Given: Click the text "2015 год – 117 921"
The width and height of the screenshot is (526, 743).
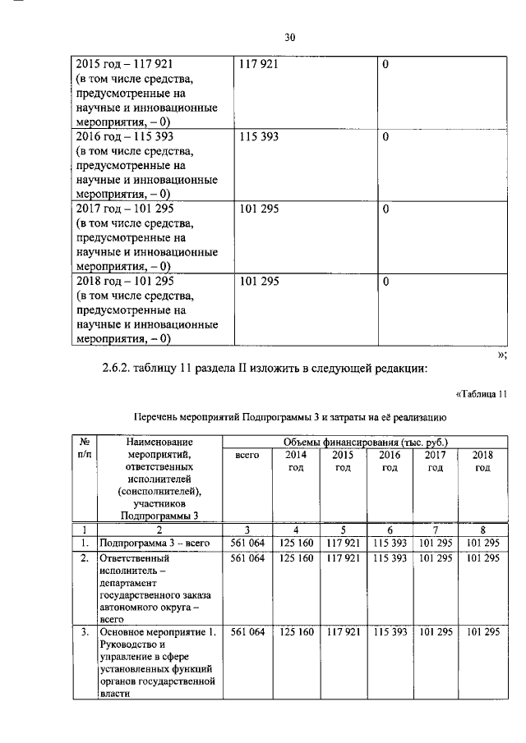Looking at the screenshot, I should point(130,63).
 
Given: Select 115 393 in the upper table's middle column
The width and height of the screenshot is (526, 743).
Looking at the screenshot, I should point(259,137).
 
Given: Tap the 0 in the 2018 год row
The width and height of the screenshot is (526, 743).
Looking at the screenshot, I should point(385,282).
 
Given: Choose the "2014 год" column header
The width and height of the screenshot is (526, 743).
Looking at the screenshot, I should point(295,461).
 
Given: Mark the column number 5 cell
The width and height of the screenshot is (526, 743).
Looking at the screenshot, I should point(343,530).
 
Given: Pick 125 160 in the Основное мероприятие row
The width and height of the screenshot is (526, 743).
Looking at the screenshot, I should point(295,632).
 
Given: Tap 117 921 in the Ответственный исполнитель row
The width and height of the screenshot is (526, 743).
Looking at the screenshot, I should point(343,557).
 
